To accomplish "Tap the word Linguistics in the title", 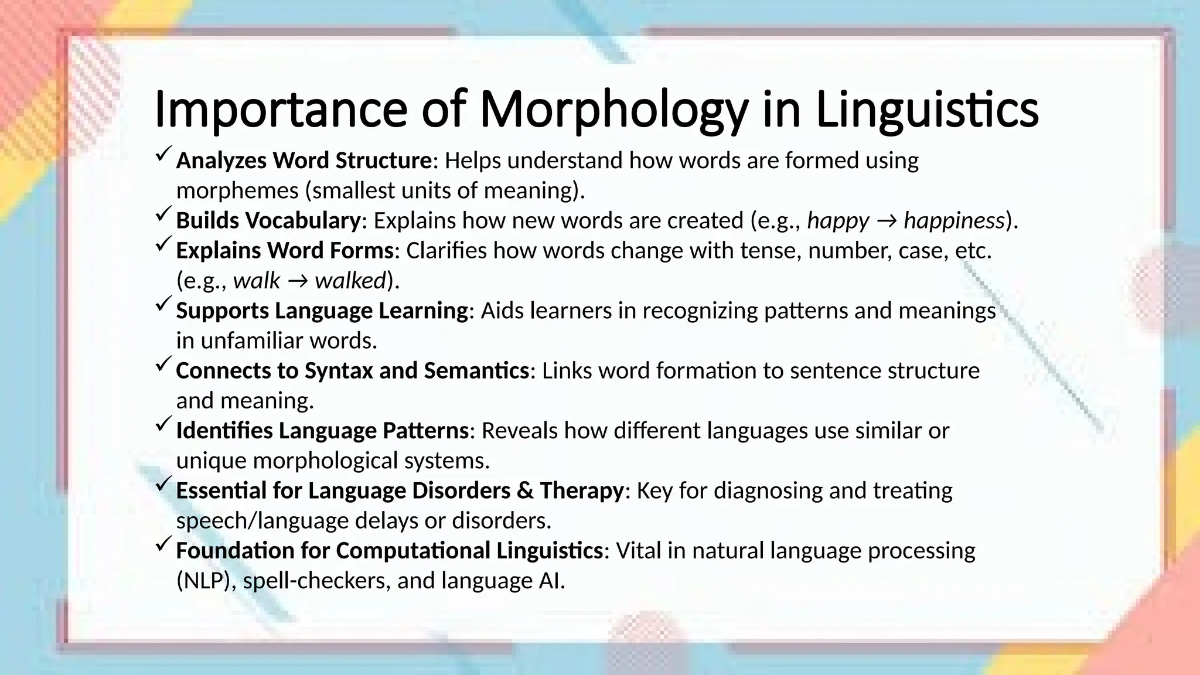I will pos(927,110).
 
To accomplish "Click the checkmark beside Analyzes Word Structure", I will pos(163,155).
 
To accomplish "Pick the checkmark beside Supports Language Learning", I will pos(163,305).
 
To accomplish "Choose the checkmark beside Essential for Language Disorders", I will pos(163,485).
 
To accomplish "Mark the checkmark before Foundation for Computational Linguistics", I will pos(163,545).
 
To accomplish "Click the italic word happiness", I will pos(954,221).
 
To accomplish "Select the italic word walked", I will pos(350,281).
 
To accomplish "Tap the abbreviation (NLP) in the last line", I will pos(203,581).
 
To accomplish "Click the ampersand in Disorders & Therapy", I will pos(524,491).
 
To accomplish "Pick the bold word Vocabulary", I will pos(302,221).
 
